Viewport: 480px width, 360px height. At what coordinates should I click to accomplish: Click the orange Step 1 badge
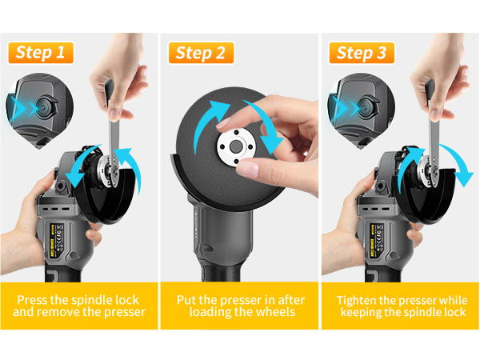tap(40, 54)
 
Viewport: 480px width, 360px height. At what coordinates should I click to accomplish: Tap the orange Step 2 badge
tap(200, 54)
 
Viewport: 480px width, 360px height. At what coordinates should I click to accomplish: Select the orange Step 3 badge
tap(360, 54)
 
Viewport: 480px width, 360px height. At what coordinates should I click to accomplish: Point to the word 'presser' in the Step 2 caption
tap(232, 300)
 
